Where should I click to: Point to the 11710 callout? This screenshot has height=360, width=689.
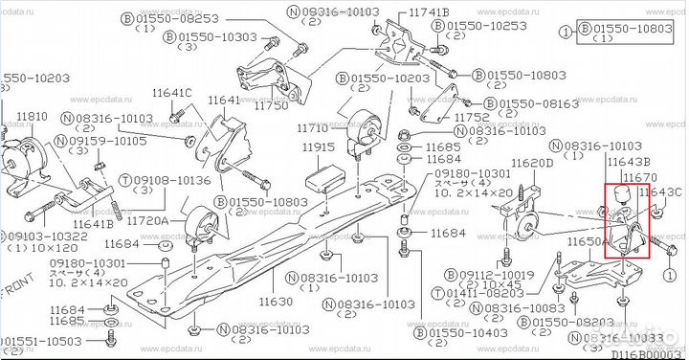click(x=314, y=127)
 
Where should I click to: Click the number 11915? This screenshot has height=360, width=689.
click(x=318, y=147)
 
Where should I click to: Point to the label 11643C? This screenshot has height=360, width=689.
click(x=663, y=192)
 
